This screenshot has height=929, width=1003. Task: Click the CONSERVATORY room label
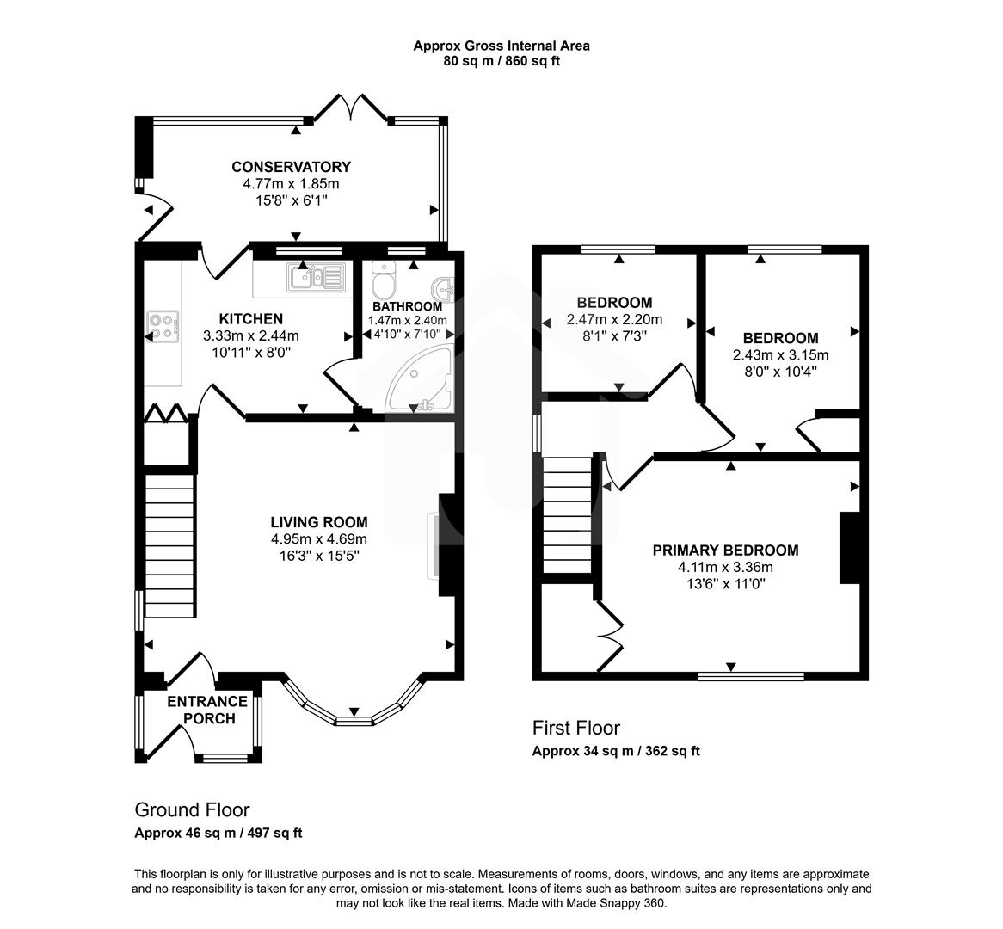coord(291,167)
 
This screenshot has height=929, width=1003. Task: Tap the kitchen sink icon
coord(317,277)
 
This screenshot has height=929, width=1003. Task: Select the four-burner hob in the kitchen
coord(163,324)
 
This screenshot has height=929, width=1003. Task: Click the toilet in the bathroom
coord(382,280)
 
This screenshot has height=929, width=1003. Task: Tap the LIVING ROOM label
coord(318,522)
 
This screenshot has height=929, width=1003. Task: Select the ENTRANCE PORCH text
coord(206,710)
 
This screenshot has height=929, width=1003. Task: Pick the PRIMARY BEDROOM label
coord(725,551)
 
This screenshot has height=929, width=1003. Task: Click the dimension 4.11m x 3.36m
coord(725,567)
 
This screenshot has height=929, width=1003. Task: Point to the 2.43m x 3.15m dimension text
coord(780,355)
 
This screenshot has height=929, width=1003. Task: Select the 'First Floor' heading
coord(575,728)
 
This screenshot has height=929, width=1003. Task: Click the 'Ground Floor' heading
coord(192,809)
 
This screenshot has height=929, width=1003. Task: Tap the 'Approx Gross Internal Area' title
coord(501,46)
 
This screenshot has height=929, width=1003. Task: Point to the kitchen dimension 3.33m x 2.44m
coord(250,336)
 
